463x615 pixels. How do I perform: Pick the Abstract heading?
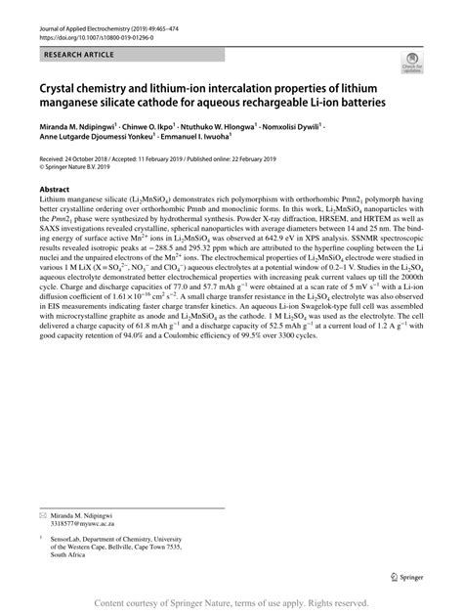click(54, 187)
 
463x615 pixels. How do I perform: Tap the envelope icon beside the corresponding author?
click(44, 513)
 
